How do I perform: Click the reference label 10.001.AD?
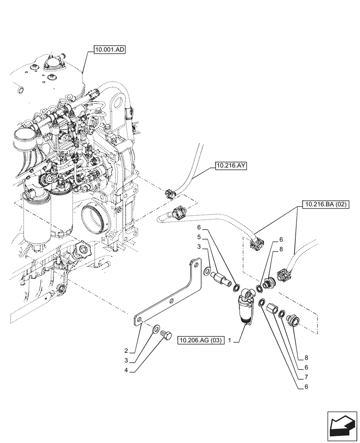(110, 51)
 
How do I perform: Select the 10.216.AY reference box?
(230, 166)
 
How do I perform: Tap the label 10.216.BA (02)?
(326, 205)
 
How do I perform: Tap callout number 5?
(200, 237)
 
